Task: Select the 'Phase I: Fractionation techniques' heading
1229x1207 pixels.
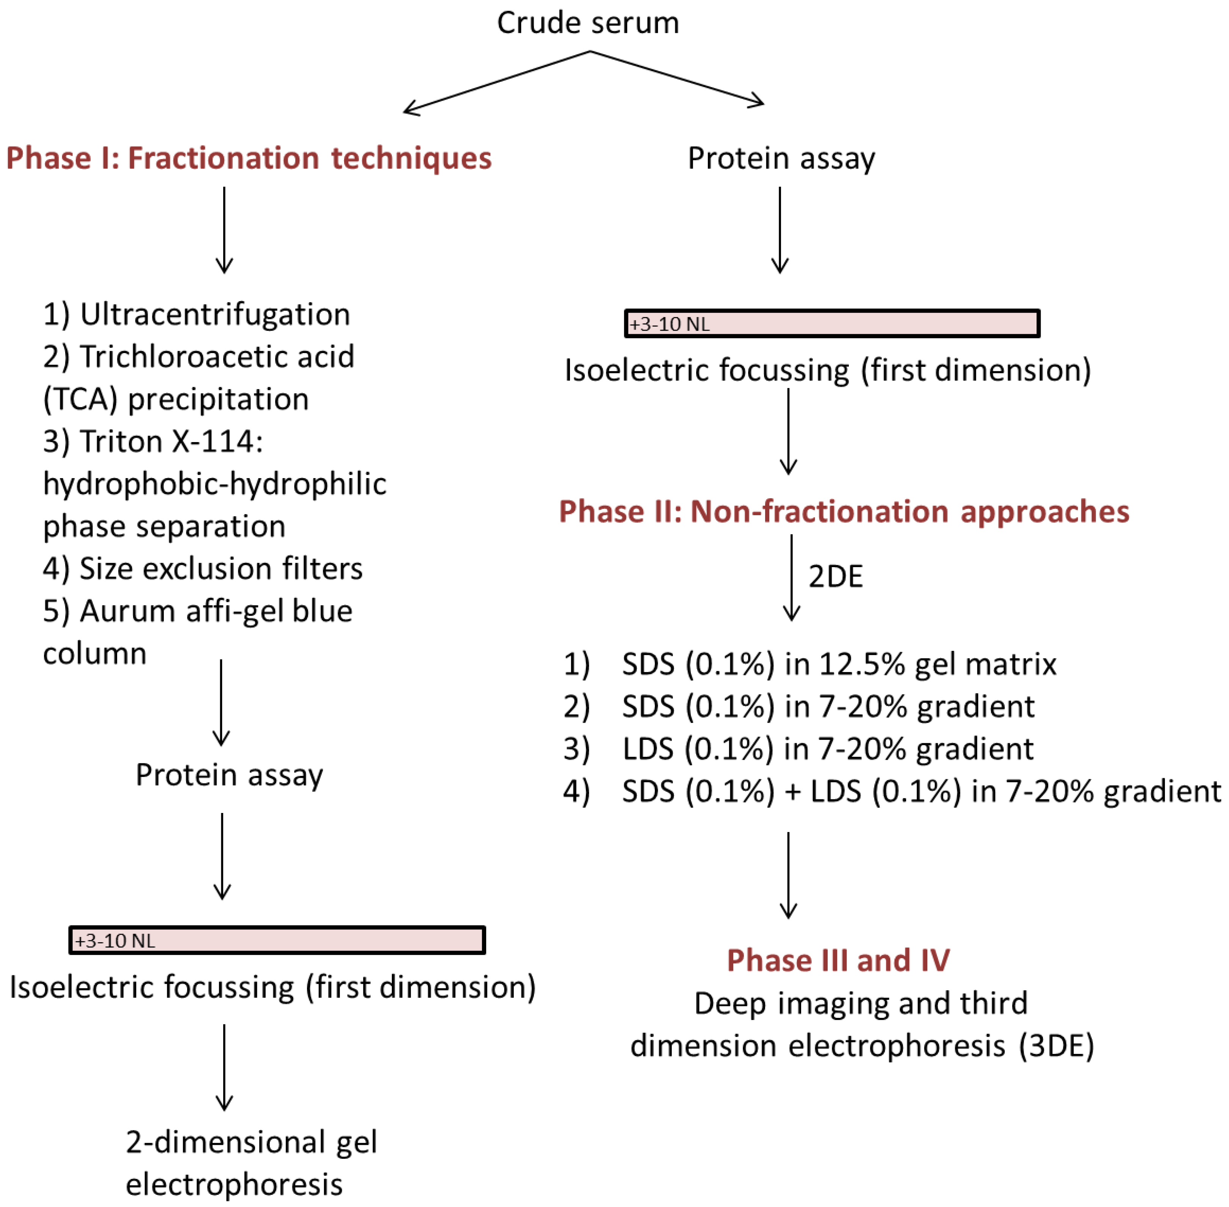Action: (249, 158)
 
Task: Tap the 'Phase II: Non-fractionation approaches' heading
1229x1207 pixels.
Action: (844, 511)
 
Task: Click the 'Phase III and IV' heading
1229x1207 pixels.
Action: (838, 960)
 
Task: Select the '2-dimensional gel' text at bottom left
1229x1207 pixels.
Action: (251, 1142)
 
